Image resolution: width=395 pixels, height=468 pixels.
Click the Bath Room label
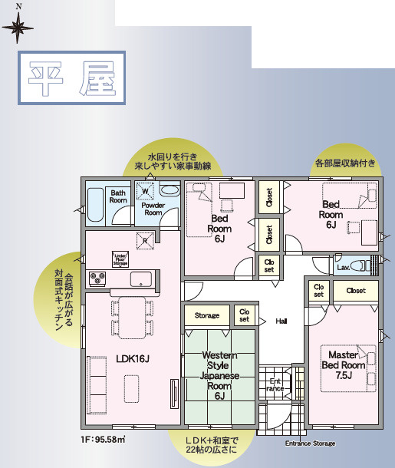[x=117, y=196]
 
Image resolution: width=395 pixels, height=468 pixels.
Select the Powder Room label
[x=153, y=208]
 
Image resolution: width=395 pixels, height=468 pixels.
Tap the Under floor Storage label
[x=120, y=259]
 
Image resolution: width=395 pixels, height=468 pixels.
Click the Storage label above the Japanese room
[x=206, y=315]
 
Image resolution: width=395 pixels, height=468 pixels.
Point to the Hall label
[x=281, y=321]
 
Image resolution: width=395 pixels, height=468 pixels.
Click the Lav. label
[x=343, y=267]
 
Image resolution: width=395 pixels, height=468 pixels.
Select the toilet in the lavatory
[x=369, y=265]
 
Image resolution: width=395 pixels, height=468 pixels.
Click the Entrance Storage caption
[x=310, y=443]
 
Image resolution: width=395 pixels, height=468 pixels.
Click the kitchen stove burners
[x=97, y=277]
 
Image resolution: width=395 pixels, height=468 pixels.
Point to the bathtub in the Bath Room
[x=94, y=204]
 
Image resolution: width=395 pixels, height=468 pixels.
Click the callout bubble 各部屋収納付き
[x=345, y=163]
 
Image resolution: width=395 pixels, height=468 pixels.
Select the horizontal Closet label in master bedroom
[x=356, y=291]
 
